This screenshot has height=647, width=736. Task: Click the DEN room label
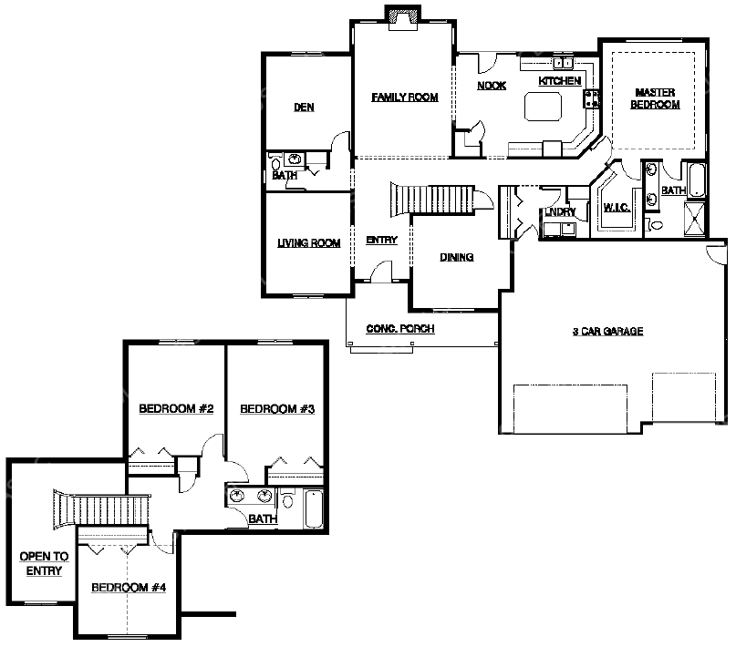coord(304,108)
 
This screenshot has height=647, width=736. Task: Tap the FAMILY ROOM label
coord(405,98)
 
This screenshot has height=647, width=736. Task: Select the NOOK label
coord(492,86)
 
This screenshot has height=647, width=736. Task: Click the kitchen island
coord(543,107)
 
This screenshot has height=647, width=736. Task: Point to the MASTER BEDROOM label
coord(655,98)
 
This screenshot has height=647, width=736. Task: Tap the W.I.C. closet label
coord(617,207)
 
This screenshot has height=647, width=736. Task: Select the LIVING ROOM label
coord(308,243)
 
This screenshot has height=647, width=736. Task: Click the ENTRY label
coord(381,240)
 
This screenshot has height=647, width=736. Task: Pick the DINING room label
coord(456,257)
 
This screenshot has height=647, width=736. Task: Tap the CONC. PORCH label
coord(399,329)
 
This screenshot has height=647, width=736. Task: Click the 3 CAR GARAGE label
coord(607,332)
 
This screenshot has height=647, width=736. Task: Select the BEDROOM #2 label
coord(176,409)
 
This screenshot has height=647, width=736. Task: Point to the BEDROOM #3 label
coord(277,409)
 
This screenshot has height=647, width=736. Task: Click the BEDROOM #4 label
coord(129,588)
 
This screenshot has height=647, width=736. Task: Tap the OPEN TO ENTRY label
coord(44,563)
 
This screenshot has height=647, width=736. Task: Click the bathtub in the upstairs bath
coord(314,508)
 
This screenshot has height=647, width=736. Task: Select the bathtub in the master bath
coord(697,180)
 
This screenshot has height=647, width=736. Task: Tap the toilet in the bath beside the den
coord(275,164)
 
